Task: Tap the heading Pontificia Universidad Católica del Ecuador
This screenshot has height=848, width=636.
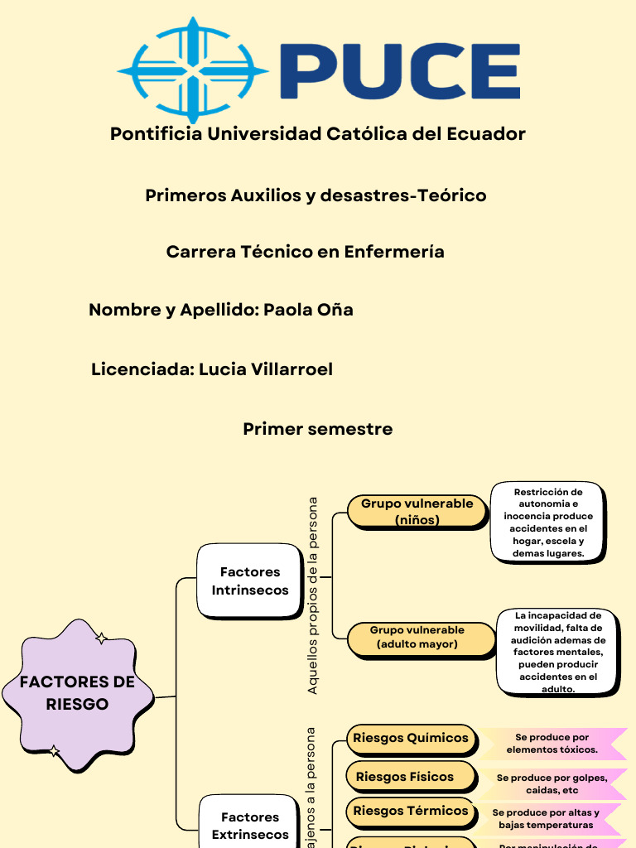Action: click(x=318, y=133)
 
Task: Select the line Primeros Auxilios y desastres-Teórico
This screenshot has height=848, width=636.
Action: click(x=316, y=195)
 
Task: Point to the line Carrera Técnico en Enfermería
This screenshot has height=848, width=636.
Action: click(x=305, y=252)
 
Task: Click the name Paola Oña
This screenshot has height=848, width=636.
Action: click(x=308, y=310)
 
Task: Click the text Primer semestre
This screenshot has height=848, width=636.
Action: click(x=317, y=429)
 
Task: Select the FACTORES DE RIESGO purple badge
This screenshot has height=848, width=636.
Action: click(x=77, y=693)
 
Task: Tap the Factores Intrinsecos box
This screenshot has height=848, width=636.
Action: click(x=249, y=581)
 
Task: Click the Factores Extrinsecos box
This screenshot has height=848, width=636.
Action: click(x=249, y=825)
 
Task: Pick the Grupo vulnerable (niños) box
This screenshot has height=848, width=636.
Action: click(x=417, y=512)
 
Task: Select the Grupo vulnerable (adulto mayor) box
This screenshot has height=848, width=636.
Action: click(x=417, y=638)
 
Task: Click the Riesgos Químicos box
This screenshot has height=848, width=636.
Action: click(x=411, y=738)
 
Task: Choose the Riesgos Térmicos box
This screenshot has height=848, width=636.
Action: click(x=411, y=811)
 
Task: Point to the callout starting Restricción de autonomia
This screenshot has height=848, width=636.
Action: click(x=547, y=523)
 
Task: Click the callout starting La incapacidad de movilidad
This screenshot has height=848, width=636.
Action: click(x=557, y=652)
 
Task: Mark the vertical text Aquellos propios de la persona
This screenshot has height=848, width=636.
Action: click(x=313, y=595)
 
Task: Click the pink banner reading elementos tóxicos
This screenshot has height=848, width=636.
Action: click(x=552, y=743)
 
